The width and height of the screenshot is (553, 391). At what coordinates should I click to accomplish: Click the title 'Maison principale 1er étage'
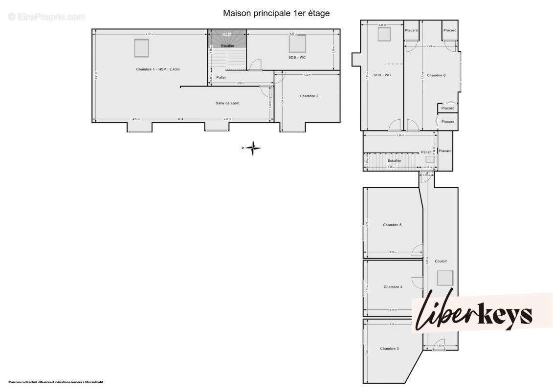pyautogui.click(x=276, y=13)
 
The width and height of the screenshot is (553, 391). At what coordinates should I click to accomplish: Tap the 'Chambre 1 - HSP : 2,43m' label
pyautogui.click(x=158, y=69)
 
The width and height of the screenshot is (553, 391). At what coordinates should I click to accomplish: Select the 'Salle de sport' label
pyautogui.click(x=227, y=103)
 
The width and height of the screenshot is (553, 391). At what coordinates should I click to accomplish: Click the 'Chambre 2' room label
pyautogui.click(x=309, y=96)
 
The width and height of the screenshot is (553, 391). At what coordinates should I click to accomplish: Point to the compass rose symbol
pyautogui.click(x=253, y=148)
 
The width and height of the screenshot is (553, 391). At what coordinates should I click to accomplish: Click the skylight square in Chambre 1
pyautogui.click(x=141, y=48)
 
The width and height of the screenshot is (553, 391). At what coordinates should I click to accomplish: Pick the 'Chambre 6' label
pyautogui.click(x=436, y=75)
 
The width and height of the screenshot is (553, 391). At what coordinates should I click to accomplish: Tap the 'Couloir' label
pyautogui.click(x=441, y=261)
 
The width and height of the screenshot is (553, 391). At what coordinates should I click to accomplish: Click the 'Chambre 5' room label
pyautogui.click(x=392, y=225)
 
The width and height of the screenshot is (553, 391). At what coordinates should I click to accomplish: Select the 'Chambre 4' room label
pyautogui.click(x=393, y=287)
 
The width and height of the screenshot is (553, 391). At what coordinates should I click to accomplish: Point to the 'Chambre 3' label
pyautogui.click(x=389, y=348)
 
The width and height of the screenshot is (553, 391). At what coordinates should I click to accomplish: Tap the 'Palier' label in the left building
pyautogui.click(x=221, y=77)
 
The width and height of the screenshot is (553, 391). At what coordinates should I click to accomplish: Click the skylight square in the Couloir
pyautogui.click(x=445, y=278)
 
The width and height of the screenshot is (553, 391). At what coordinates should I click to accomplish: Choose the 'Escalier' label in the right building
pyautogui.click(x=394, y=160)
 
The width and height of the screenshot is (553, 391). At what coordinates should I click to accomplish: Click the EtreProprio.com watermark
pyautogui.click(x=47, y=17)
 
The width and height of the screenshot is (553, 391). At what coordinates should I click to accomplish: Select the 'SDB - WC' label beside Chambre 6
pyautogui.click(x=382, y=75)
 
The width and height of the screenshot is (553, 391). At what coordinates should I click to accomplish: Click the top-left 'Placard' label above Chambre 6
pyautogui.click(x=411, y=30)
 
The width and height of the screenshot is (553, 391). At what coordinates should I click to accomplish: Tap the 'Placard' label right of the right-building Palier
pyautogui.click(x=445, y=151)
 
